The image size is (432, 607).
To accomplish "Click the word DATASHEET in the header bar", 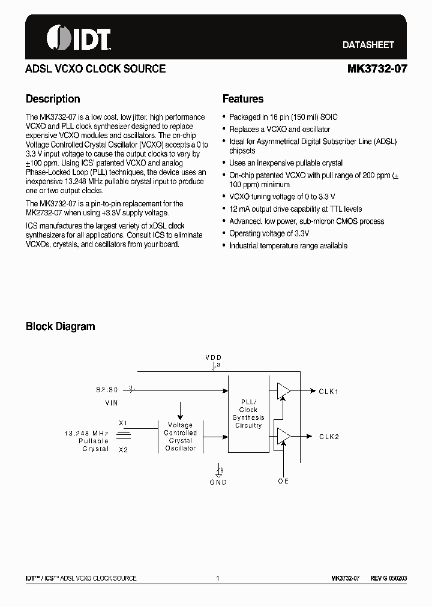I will click(x=368, y=45).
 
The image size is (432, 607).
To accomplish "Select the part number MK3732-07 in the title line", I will click(x=377, y=69).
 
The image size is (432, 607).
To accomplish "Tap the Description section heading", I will click(x=53, y=99).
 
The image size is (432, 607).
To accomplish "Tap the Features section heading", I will click(x=243, y=99).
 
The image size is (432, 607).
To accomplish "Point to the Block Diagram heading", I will click(x=60, y=326).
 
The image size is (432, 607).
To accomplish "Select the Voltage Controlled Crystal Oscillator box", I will click(x=181, y=436).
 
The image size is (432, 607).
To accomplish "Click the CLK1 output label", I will click(x=329, y=392).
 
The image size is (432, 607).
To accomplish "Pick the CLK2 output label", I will click(x=329, y=437).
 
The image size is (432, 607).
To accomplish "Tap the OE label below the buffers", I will click(x=283, y=481).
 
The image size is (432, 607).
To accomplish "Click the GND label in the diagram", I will click(x=218, y=482).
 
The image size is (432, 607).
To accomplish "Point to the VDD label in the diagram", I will click(x=214, y=357).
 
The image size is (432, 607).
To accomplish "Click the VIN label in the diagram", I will click(x=111, y=404).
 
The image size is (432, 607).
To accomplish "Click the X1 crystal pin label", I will click(x=123, y=422).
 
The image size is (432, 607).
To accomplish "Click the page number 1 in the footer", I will click(x=218, y=579).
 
